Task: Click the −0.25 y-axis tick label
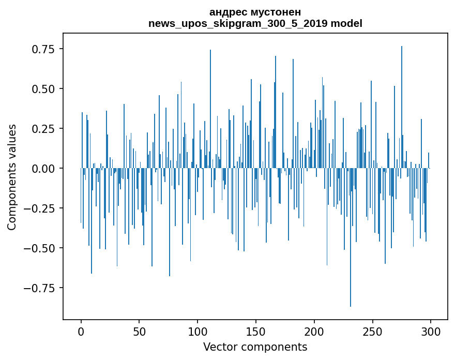40,208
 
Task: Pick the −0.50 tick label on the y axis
40,248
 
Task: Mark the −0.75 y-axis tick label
40,288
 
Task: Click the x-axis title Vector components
255,347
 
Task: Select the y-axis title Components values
12,177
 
